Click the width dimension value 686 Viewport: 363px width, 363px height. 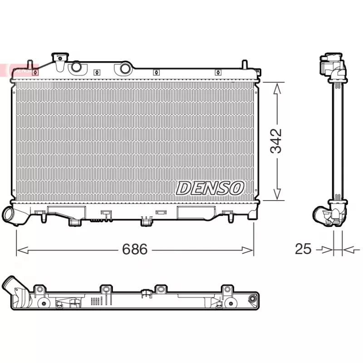click(135, 249)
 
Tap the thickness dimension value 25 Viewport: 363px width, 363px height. click(303, 249)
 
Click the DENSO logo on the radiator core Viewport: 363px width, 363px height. click(210, 187)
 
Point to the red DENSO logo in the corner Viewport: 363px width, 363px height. click(18, 70)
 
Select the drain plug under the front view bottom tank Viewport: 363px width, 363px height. click(146, 221)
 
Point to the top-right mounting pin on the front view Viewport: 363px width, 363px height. click(245, 64)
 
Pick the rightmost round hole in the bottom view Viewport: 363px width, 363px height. click(252, 299)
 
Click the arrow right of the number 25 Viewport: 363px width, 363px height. click(348, 249)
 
